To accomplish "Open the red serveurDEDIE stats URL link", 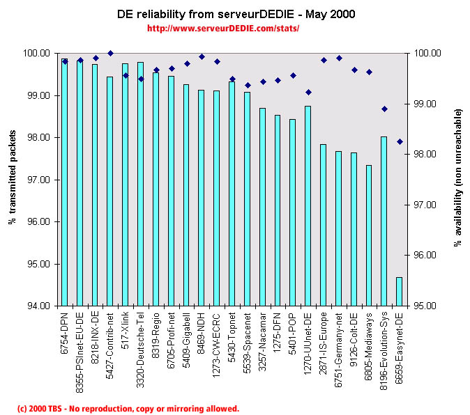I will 223,29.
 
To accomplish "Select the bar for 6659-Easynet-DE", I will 399,292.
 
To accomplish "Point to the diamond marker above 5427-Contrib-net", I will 110,53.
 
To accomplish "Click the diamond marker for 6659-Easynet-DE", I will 400,141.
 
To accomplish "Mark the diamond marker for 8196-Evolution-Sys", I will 384,109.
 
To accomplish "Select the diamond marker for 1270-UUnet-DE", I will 308,92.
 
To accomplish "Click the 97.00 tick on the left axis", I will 38,180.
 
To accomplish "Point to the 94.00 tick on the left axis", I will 38,306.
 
